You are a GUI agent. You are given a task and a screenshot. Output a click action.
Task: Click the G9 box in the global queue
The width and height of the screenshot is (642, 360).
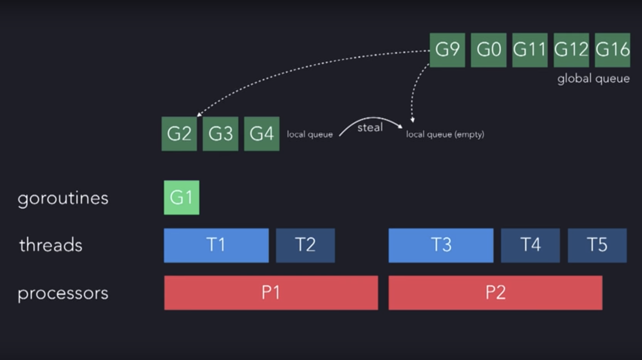pos(447,50)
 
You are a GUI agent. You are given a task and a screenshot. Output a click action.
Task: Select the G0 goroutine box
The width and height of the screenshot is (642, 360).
pos(488,50)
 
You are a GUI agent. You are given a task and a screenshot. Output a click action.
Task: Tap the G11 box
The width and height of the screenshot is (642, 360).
pos(530,50)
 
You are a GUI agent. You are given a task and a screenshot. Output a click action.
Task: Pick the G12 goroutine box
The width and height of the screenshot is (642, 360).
pos(571,50)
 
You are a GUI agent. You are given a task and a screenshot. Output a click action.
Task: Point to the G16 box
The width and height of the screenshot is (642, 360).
pos(612,50)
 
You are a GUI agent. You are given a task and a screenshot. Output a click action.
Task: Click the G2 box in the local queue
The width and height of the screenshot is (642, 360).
pos(179,134)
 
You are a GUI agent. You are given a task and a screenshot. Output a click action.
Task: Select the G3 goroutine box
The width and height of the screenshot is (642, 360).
pos(220,134)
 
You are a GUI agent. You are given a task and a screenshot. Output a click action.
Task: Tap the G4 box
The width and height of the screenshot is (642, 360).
pos(261,134)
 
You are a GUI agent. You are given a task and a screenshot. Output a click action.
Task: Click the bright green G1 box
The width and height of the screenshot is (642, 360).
pos(181,197)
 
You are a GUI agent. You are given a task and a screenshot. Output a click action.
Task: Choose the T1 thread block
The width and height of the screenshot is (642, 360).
pos(216,245)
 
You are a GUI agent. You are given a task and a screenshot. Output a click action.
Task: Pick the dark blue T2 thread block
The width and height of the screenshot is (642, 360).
pos(305,245)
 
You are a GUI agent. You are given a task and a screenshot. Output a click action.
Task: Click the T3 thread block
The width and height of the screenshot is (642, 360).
pos(441,245)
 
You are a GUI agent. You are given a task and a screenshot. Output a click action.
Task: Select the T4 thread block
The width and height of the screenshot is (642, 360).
pos(530,245)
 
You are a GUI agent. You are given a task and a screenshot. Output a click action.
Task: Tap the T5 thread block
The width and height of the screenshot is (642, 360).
pos(597,245)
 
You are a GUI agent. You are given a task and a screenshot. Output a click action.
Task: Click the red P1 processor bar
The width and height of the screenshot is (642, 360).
pos(271,293)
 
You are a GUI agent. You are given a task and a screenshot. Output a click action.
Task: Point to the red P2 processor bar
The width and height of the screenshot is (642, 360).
pos(495,293)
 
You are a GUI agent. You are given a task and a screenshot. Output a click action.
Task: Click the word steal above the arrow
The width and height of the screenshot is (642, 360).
pos(370,127)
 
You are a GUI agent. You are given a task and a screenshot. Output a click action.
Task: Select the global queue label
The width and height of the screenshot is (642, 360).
pos(593,79)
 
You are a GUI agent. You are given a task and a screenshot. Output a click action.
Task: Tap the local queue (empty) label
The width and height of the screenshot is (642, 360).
pos(445,134)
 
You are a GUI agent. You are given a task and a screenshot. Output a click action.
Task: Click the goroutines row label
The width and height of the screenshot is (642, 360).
pos(63,198)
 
